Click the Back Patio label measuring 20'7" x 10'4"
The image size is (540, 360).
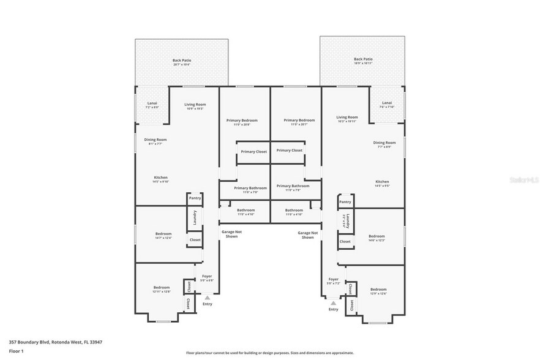click(181, 61)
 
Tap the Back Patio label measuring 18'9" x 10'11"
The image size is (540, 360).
click(362, 61)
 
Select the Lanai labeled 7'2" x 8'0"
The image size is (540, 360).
click(152, 105)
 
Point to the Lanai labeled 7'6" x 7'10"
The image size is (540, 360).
click(387, 104)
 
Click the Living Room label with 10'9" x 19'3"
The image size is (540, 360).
click(195, 107)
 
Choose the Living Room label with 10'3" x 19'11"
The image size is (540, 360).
click(347, 119)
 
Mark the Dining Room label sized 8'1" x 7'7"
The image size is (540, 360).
click(157, 141)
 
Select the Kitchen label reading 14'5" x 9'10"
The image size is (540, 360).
click(160, 179)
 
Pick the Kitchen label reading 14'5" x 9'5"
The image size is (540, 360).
click(382, 183)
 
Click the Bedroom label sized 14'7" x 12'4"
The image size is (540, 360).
click(163, 236)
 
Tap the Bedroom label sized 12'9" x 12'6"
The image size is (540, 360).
click(378, 291)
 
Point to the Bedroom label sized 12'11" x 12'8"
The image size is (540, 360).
click(162, 289)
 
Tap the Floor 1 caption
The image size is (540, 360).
click(16, 351)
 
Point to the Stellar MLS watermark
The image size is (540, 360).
click(525, 181)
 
